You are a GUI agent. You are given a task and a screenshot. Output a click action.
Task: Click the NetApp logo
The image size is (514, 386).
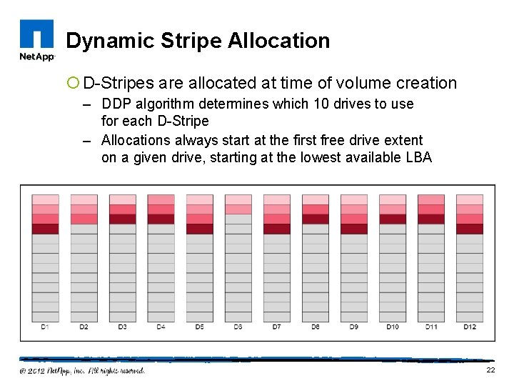tap(37, 41)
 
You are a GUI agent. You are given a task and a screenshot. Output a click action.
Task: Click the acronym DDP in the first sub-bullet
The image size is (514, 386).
tap(117, 104)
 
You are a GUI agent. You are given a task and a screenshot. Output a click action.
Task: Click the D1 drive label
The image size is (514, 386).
tap(45, 327)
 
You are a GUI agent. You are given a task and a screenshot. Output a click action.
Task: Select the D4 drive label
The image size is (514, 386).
tap(161, 327)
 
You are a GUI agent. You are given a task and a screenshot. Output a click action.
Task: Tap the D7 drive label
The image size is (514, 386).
tap(276, 327)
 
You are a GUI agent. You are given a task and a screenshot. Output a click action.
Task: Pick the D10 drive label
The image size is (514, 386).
tap(392, 327)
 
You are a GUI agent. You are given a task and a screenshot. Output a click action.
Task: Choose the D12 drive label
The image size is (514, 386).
tap(469, 327)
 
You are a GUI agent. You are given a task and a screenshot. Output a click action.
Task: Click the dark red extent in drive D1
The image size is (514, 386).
tap(45, 229)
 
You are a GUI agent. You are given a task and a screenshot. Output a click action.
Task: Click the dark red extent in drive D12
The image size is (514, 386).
tap(469, 229)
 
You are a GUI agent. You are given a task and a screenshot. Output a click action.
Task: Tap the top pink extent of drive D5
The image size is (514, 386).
tap(199, 199)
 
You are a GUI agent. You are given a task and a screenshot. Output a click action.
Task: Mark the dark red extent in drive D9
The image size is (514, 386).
tap(353, 229)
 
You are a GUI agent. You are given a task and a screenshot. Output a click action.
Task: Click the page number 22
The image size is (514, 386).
tap(490, 370)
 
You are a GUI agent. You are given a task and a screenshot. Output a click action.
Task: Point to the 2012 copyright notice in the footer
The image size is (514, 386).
tap(82, 371)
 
